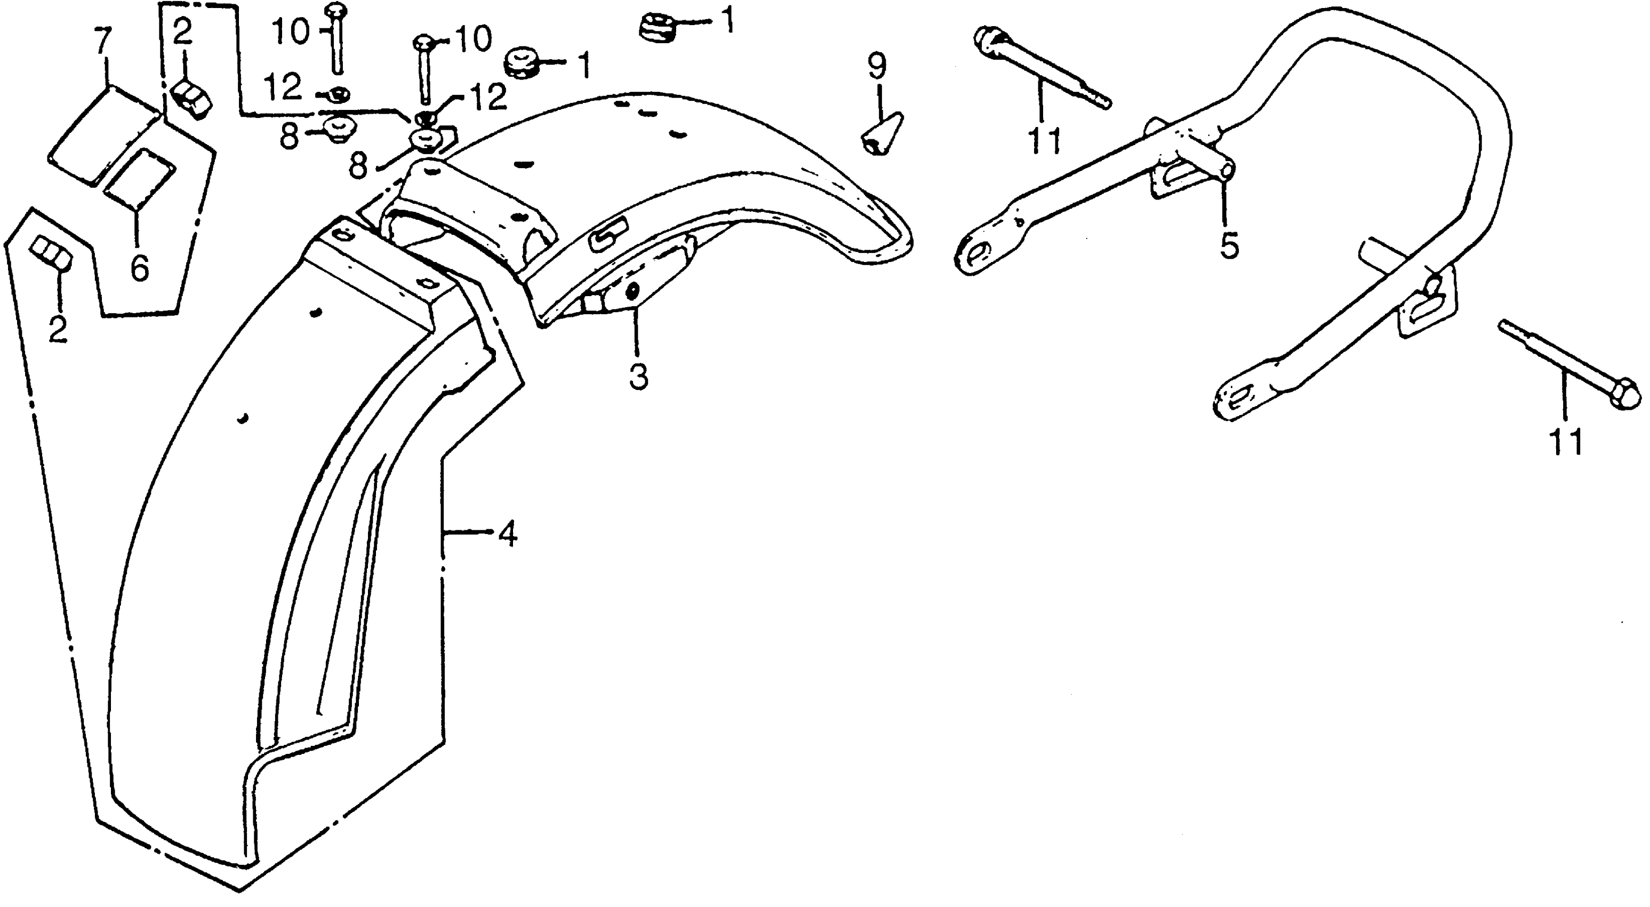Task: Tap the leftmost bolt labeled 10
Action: tap(335, 38)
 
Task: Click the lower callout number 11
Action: tap(1565, 442)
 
